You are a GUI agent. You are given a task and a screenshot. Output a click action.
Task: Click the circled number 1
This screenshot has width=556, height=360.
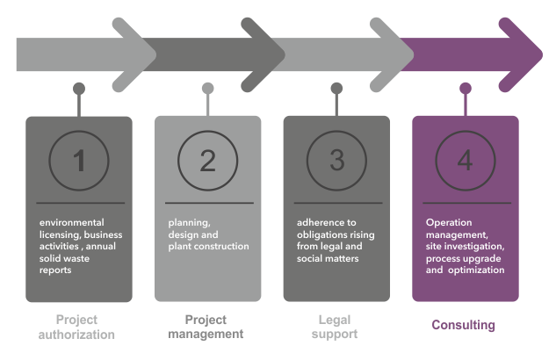[79, 162]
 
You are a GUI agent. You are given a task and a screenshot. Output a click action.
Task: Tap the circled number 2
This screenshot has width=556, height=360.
[207, 162]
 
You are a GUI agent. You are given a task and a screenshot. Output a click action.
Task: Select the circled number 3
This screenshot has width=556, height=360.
[336, 162]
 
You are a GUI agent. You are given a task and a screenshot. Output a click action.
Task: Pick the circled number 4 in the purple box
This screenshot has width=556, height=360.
[465, 162]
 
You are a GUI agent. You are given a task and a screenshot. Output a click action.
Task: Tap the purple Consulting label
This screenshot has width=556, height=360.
[463, 326]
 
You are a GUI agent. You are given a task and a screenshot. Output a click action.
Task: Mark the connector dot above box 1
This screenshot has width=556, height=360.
[79, 88]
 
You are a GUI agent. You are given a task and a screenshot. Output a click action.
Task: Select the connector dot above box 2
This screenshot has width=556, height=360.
[207, 88]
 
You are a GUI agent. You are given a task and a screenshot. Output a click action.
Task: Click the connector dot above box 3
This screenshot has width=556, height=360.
[336, 88]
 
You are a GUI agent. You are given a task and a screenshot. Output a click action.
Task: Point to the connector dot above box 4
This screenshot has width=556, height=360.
[465, 88]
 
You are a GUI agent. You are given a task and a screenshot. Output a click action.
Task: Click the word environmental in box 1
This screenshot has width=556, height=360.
[71, 223]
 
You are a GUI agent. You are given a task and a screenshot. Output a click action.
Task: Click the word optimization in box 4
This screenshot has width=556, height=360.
[476, 270]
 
